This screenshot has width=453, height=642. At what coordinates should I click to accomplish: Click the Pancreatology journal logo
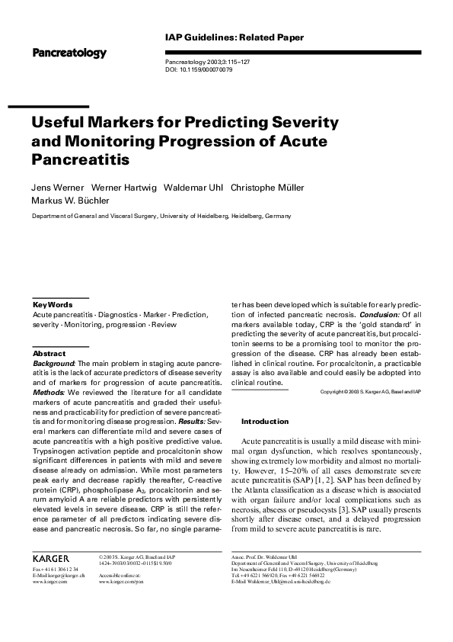[x=69, y=53]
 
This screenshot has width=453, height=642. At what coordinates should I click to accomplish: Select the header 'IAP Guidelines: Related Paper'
[x=234, y=37]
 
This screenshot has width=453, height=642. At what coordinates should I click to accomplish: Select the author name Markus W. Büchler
[x=70, y=201]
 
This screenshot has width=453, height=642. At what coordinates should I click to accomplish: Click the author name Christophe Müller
[x=269, y=188]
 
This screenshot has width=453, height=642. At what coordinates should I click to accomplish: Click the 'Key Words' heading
[x=53, y=304]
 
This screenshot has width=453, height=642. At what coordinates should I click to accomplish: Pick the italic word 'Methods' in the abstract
[x=49, y=392]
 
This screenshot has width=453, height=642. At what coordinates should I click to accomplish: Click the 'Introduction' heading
[x=265, y=422]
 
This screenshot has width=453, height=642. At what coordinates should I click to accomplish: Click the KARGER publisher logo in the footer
[x=51, y=559]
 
